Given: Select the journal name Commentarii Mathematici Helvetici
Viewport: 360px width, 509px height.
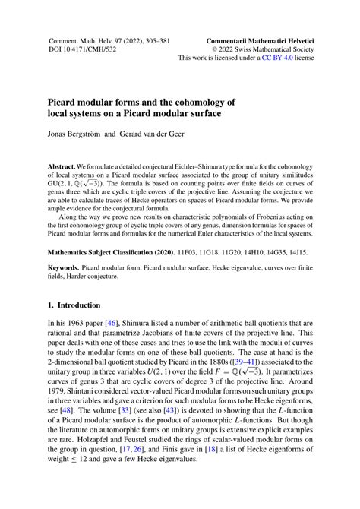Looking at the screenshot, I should click(260, 36).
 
